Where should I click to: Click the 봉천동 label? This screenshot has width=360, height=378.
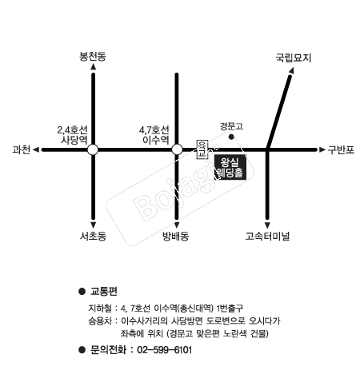(93, 56)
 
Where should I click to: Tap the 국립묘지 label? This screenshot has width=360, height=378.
(294, 58)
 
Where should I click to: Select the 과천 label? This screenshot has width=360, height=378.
(22, 149)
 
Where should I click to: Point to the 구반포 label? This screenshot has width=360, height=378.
(341, 149)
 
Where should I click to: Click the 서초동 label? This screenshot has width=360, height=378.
(93, 236)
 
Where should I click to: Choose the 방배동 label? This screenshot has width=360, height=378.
(176, 236)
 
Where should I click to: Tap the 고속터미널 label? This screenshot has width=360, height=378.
(267, 236)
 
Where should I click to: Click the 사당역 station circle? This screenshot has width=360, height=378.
(93, 149)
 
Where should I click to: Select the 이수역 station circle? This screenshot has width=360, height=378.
(177, 149)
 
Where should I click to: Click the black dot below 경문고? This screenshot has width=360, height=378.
(231, 137)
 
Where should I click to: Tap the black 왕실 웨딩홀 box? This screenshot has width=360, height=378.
(230, 167)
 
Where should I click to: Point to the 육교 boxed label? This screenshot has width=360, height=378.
(202, 149)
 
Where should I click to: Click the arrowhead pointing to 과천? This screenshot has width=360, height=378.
(36, 149)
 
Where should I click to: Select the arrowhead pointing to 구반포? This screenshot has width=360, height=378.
(322, 149)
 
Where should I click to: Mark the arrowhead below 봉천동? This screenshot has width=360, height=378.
(93, 66)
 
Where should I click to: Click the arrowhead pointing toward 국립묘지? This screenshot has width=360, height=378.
(291, 70)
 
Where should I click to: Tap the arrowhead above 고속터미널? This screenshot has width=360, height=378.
(267, 225)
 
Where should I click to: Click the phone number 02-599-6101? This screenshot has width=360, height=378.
(165, 350)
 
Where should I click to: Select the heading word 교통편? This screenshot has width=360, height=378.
(104, 291)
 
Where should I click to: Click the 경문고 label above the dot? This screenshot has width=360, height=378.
(231, 126)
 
